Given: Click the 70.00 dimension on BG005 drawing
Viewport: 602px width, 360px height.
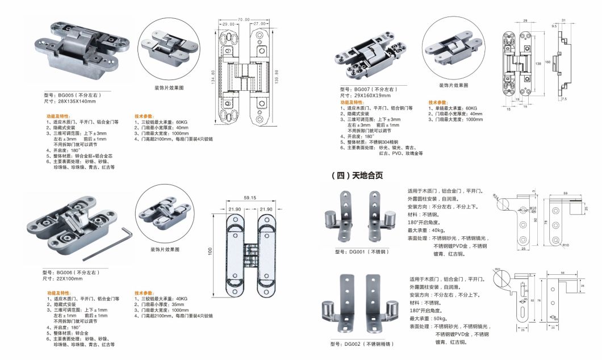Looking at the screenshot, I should coord(244,20).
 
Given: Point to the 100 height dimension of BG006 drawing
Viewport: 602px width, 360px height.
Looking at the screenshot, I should coord(211,250).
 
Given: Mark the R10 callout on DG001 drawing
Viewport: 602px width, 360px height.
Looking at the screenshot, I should coord(566,245).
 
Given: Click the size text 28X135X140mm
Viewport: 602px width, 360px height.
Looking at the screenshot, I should coord(70,101).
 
